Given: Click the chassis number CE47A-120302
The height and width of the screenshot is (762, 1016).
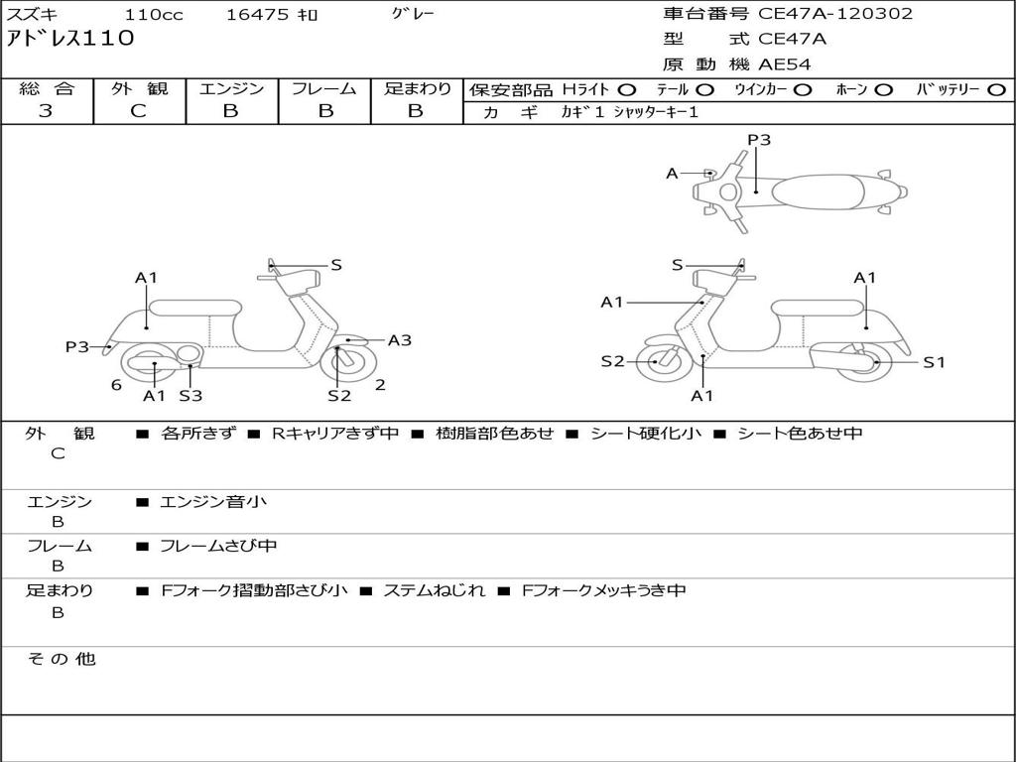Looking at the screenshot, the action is pos(835,14).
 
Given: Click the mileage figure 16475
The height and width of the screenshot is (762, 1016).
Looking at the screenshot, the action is pos(257,15).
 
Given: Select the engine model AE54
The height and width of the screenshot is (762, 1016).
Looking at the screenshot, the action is pos(785,64).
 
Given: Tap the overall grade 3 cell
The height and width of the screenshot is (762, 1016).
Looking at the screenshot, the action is pos(46,111).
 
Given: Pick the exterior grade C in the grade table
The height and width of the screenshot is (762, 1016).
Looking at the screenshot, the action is pos(138,111).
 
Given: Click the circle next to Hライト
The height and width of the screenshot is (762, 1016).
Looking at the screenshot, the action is pos(627,89).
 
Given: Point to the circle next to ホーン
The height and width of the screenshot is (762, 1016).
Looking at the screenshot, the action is pos(884,89).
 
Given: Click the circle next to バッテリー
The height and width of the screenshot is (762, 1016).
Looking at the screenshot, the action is pos(996,89).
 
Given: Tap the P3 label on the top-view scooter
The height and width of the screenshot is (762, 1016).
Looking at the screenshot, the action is pos(759,140).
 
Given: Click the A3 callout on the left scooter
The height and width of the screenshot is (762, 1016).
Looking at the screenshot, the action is pos(399,340).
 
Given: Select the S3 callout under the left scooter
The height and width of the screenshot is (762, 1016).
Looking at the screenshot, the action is pos(190,396).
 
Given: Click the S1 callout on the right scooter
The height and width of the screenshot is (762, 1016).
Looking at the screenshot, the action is pos(934,362).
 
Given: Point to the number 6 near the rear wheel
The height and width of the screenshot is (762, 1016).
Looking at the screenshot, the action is pos(116,385).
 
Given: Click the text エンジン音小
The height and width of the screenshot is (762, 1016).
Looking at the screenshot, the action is pos(213,502).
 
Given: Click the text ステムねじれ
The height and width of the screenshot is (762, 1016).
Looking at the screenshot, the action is pos(435,590).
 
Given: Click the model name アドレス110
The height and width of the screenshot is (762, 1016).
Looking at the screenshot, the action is pos(69,40).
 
